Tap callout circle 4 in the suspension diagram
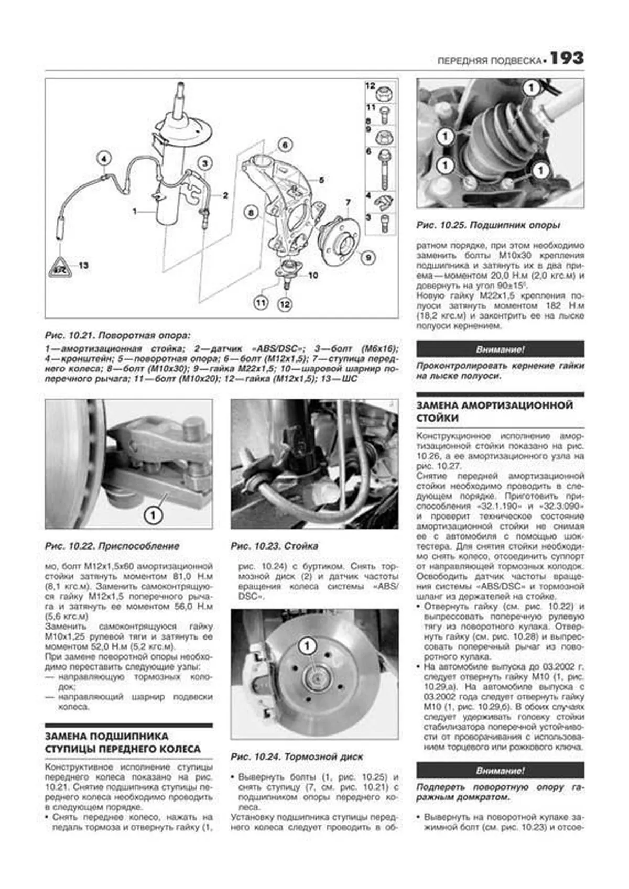click(104, 159)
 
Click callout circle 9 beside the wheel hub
click(368, 257)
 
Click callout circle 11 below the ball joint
click(261, 302)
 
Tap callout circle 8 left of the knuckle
click(252, 213)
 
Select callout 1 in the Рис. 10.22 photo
click(153, 515)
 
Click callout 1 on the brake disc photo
click(308, 646)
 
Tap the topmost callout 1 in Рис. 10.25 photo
click(531, 88)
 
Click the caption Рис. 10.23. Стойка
click(274, 546)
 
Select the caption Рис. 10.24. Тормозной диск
click(297, 756)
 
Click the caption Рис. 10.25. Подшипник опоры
click(487, 225)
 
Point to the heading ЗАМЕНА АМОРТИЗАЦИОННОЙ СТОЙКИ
click(494, 412)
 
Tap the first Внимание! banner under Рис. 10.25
click(500, 349)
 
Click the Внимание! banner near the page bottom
click(500, 771)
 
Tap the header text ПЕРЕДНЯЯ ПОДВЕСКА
click(488, 61)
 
